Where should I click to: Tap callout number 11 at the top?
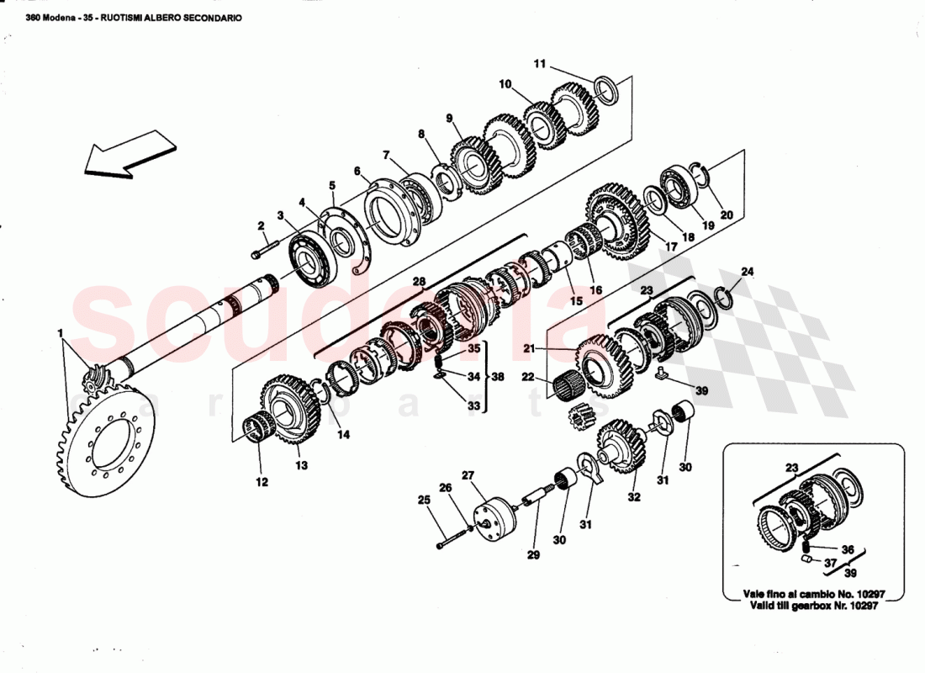point(540,64)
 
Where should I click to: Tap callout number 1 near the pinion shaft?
point(60,333)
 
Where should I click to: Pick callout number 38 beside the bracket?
point(499,378)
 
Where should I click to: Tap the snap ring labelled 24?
point(727,295)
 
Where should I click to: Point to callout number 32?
point(633,497)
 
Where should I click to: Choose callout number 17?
point(671,246)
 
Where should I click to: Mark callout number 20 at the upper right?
point(727,215)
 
